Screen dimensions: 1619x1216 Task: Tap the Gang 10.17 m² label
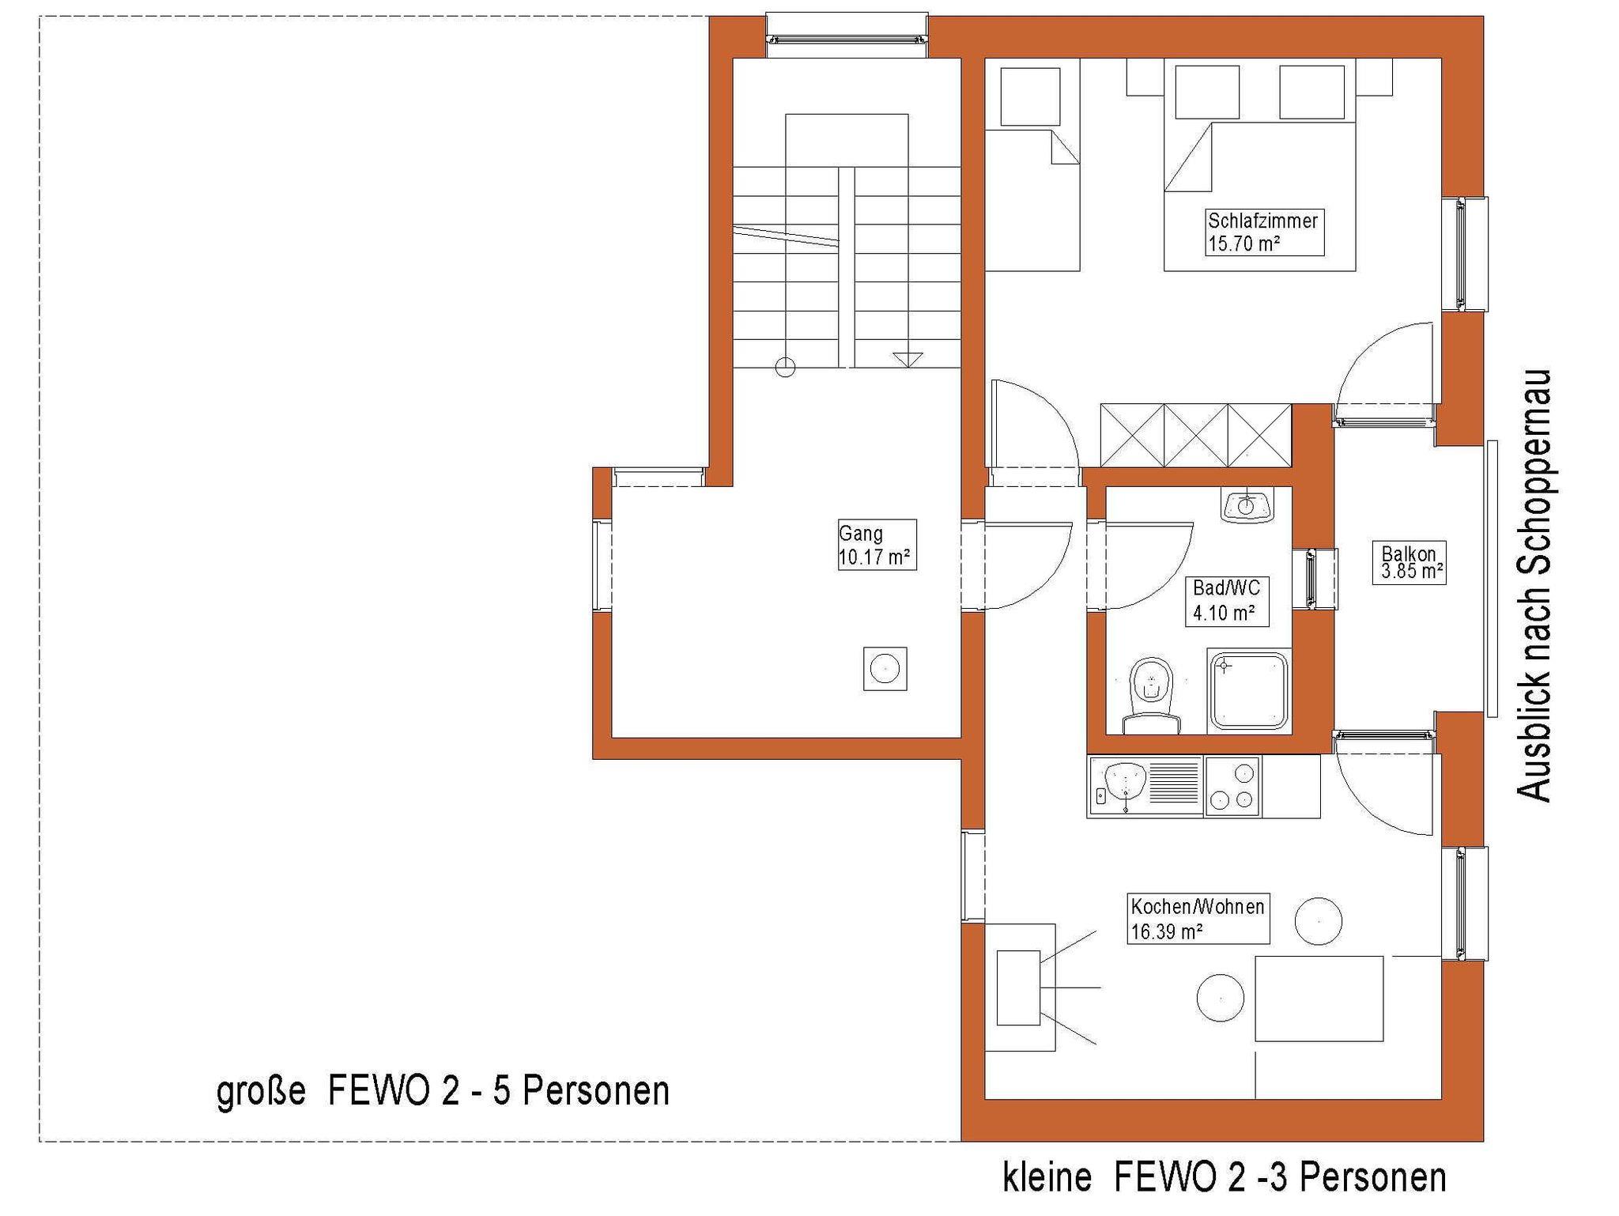point(877,545)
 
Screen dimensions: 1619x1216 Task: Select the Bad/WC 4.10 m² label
point(1226,601)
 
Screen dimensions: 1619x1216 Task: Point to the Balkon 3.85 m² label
point(1409,562)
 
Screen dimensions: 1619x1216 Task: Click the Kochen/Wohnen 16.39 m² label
point(1198,919)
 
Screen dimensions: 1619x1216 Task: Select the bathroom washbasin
point(1247,504)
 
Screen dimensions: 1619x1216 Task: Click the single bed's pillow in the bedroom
point(1030,96)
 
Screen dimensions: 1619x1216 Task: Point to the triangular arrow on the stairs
point(908,359)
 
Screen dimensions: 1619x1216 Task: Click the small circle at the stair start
point(785,367)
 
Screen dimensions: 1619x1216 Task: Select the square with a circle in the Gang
point(885,669)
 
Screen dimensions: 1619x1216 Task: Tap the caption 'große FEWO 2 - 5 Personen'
point(443,1092)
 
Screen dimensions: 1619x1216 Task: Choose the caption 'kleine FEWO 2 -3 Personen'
point(1225,1178)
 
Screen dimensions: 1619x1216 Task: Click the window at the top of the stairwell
point(847,35)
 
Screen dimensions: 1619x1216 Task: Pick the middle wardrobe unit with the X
point(1196,435)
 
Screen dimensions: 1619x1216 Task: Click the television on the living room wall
point(1018,988)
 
